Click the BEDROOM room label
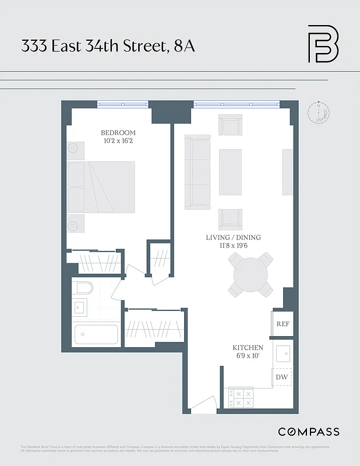[118, 132]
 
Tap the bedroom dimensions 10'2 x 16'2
[118, 141]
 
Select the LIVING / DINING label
[233, 238]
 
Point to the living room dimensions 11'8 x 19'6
[233, 246]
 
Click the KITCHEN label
[249, 348]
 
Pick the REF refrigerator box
[283, 324]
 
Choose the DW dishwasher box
[282, 377]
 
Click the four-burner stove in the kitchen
[241, 398]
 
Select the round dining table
[251, 274]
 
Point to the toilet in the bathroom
[83, 288]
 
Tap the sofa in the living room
[197, 172]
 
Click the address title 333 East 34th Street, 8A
[108, 47]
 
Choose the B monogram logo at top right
[323, 44]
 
